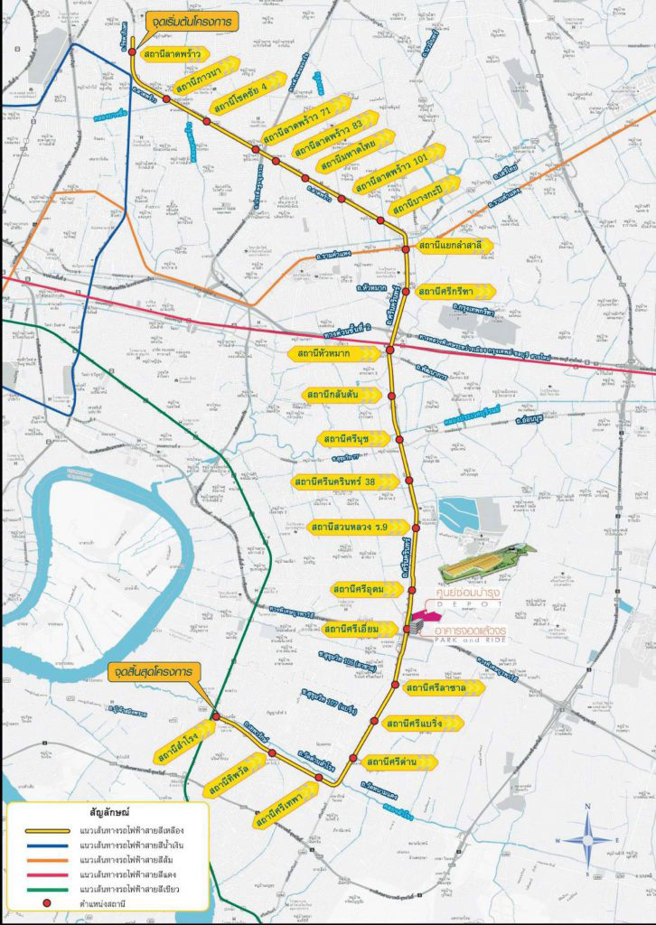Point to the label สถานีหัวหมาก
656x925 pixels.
[331, 353]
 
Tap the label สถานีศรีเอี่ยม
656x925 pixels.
[358, 628]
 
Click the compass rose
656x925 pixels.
[587, 839]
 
